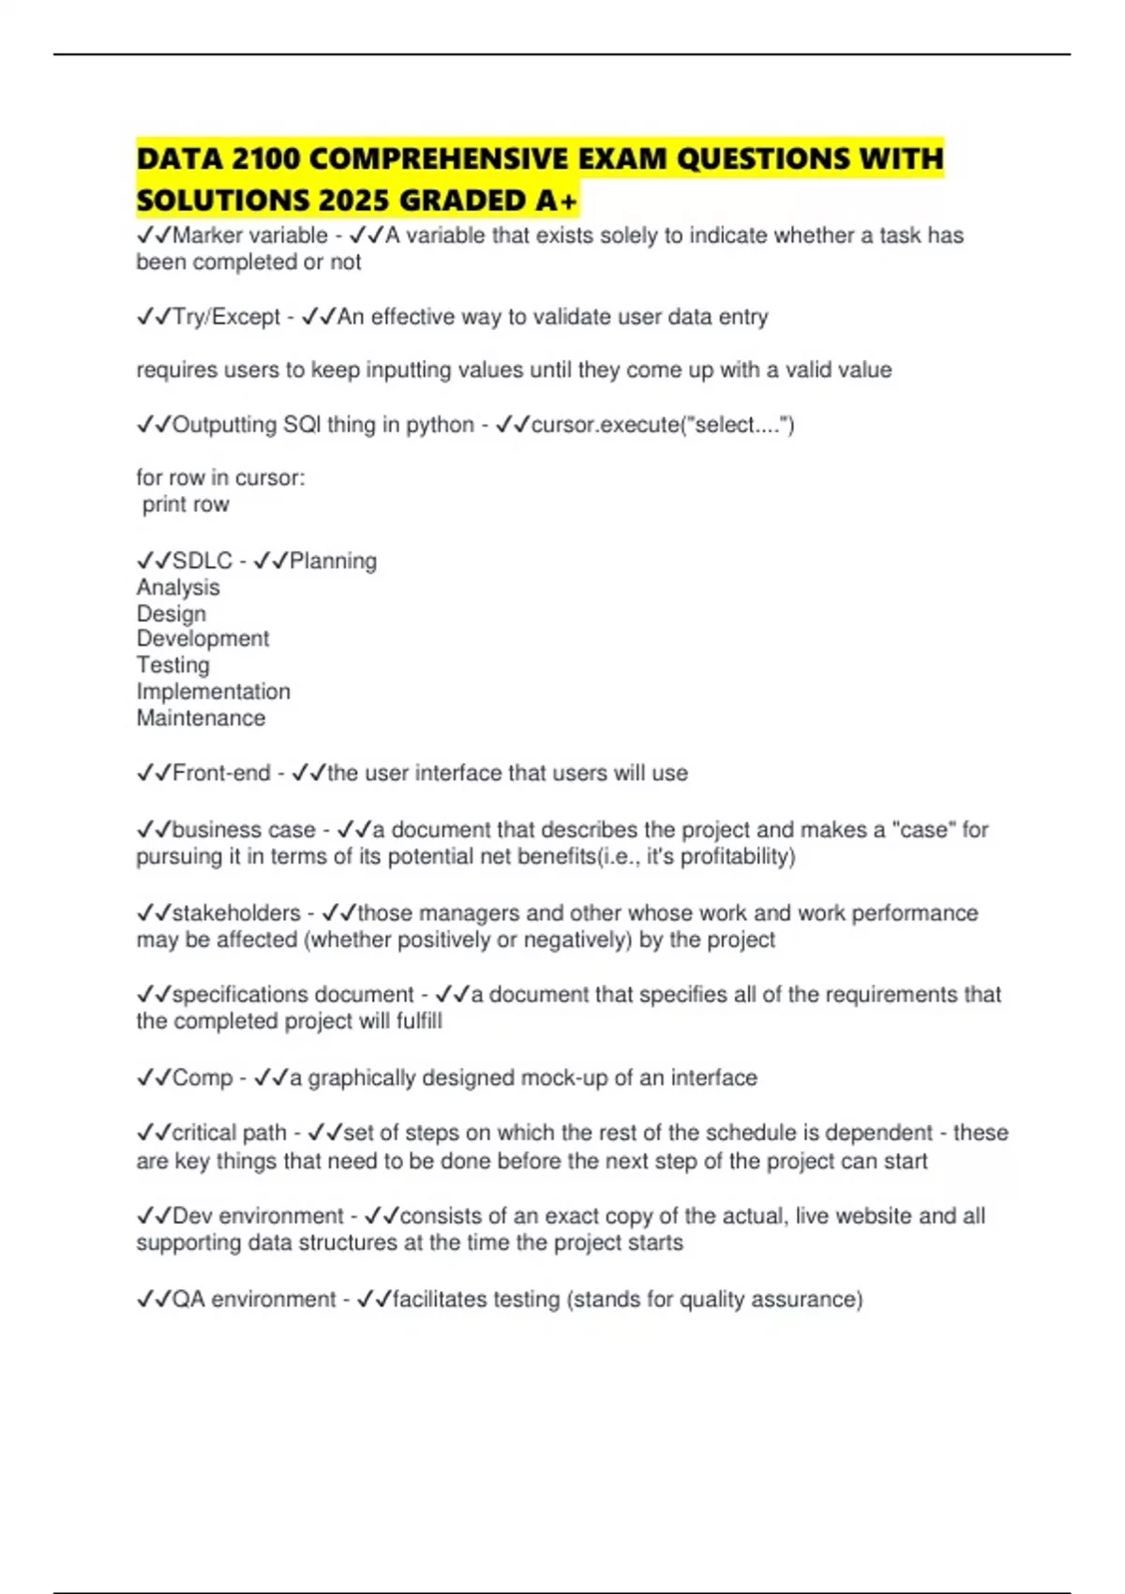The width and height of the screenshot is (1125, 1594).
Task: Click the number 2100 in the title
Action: coord(266,159)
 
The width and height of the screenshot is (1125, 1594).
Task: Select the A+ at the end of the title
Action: coord(557,201)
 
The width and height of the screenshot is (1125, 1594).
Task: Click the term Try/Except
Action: coord(227,318)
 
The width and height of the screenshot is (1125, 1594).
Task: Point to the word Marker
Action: coord(207,235)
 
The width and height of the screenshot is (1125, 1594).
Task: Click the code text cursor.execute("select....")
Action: coord(663,425)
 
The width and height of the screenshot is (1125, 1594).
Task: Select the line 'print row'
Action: coord(186,504)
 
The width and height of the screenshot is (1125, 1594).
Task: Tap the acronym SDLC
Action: coord(202,561)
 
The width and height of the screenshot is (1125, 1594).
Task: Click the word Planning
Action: coord(333,561)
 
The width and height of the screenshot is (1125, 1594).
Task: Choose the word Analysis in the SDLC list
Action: coord(178,588)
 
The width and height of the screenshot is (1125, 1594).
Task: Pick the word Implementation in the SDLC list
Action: coord(213,692)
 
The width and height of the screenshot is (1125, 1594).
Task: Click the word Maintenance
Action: coord(201,718)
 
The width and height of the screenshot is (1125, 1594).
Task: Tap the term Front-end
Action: coord(221,774)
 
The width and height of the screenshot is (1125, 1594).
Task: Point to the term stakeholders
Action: coord(236,913)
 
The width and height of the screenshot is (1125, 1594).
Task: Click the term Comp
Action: coord(202,1078)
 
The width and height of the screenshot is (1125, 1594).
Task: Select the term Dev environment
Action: coord(259,1216)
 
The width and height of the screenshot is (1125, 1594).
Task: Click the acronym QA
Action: coord(188,1300)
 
